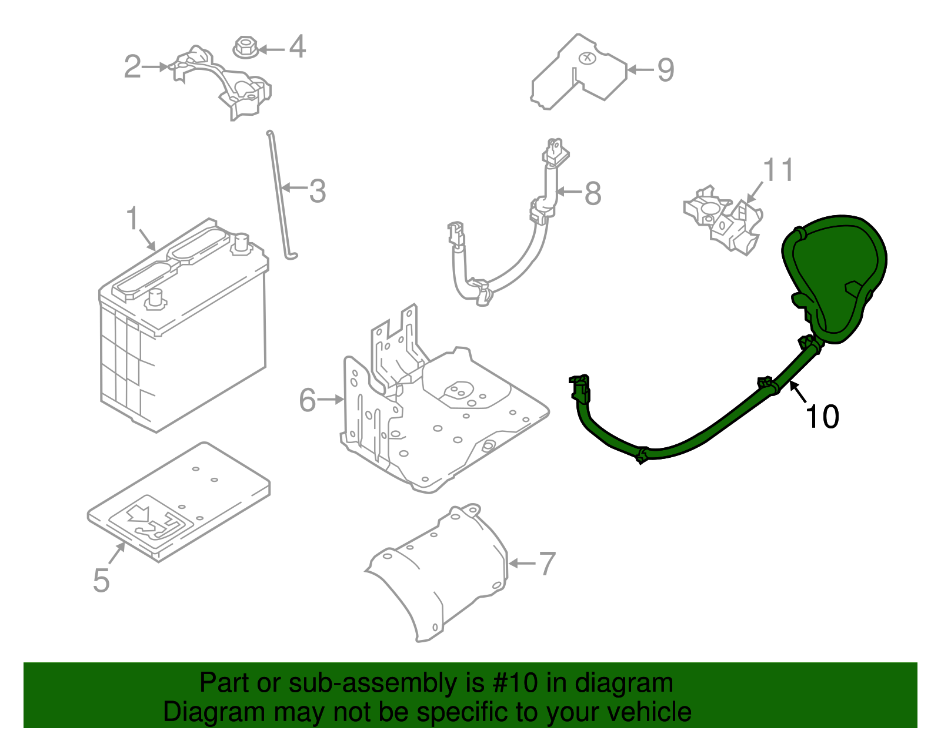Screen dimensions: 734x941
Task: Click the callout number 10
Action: pyautogui.click(x=822, y=417)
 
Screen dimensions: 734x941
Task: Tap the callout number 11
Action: pyautogui.click(x=778, y=170)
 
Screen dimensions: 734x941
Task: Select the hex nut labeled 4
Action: pyautogui.click(x=245, y=47)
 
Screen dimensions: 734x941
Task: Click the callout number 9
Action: pyautogui.click(x=665, y=70)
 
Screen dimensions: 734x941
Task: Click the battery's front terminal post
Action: pyautogui.click(x=155, y=297)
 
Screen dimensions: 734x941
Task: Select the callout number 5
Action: pyautogui.click(x=101, y=580)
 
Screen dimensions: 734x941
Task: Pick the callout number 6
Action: pyautogui.click(x=308, y=400)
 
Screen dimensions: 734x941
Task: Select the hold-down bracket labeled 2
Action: pyautogui.click(x=223, y=82)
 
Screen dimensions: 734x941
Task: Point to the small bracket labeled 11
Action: pyautogui.click(x=723, y=220)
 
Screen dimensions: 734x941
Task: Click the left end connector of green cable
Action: pyautogui.click(x=580, y=388)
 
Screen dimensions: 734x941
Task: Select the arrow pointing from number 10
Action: pyautogui.click(x=798, y=392)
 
